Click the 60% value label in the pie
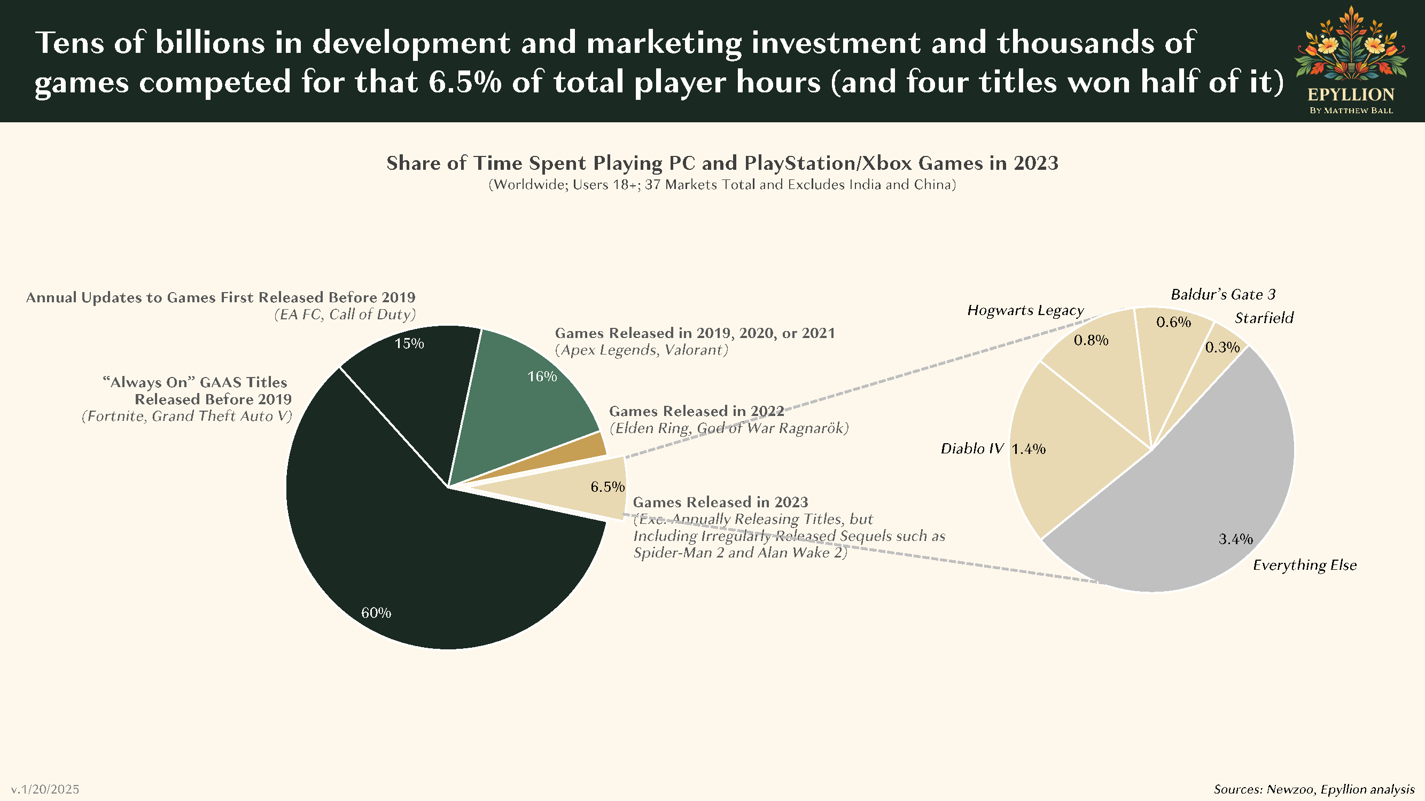coord(376,612)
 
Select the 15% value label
coord(409,343)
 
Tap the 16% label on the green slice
coord(542,376)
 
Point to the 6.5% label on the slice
coord(608,486)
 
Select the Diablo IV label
coord(972,449)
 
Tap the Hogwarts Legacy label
coord(1025,310)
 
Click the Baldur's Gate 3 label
coord(1223,294)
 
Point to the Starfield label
coord(1264,318)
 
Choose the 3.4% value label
coord(1235,539)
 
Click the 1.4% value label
coord(1029,449)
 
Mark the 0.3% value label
coord(1222,347)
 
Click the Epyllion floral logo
coord(1351,47)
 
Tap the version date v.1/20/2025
coord(45,789)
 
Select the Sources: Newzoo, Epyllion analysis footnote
coord(1314,789)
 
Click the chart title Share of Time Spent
coord(722,163)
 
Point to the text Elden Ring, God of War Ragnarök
coord(729,428)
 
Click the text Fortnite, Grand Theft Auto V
coord(187,417)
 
